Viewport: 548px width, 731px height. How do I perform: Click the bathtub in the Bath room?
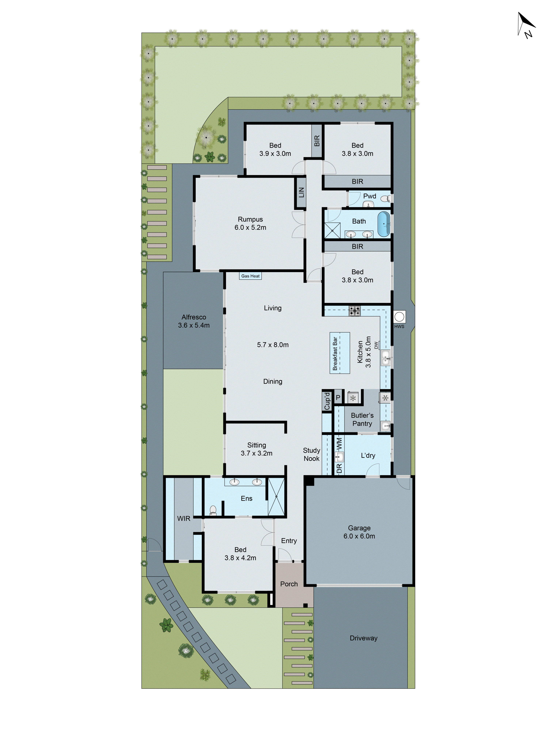point(383,224)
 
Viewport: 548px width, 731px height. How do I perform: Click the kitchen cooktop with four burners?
point(354,311)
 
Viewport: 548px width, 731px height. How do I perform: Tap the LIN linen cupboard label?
point(301,192)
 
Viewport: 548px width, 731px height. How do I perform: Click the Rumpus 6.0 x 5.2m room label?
point(250,223)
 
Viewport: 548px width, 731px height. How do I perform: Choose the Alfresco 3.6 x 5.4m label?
point(194,321)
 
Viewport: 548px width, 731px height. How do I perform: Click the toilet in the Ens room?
point(213,510)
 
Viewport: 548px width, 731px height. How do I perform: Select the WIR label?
point(184,518)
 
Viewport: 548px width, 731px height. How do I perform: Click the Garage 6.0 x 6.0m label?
point(359,532)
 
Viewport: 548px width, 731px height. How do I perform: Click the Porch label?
point(289,584)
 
